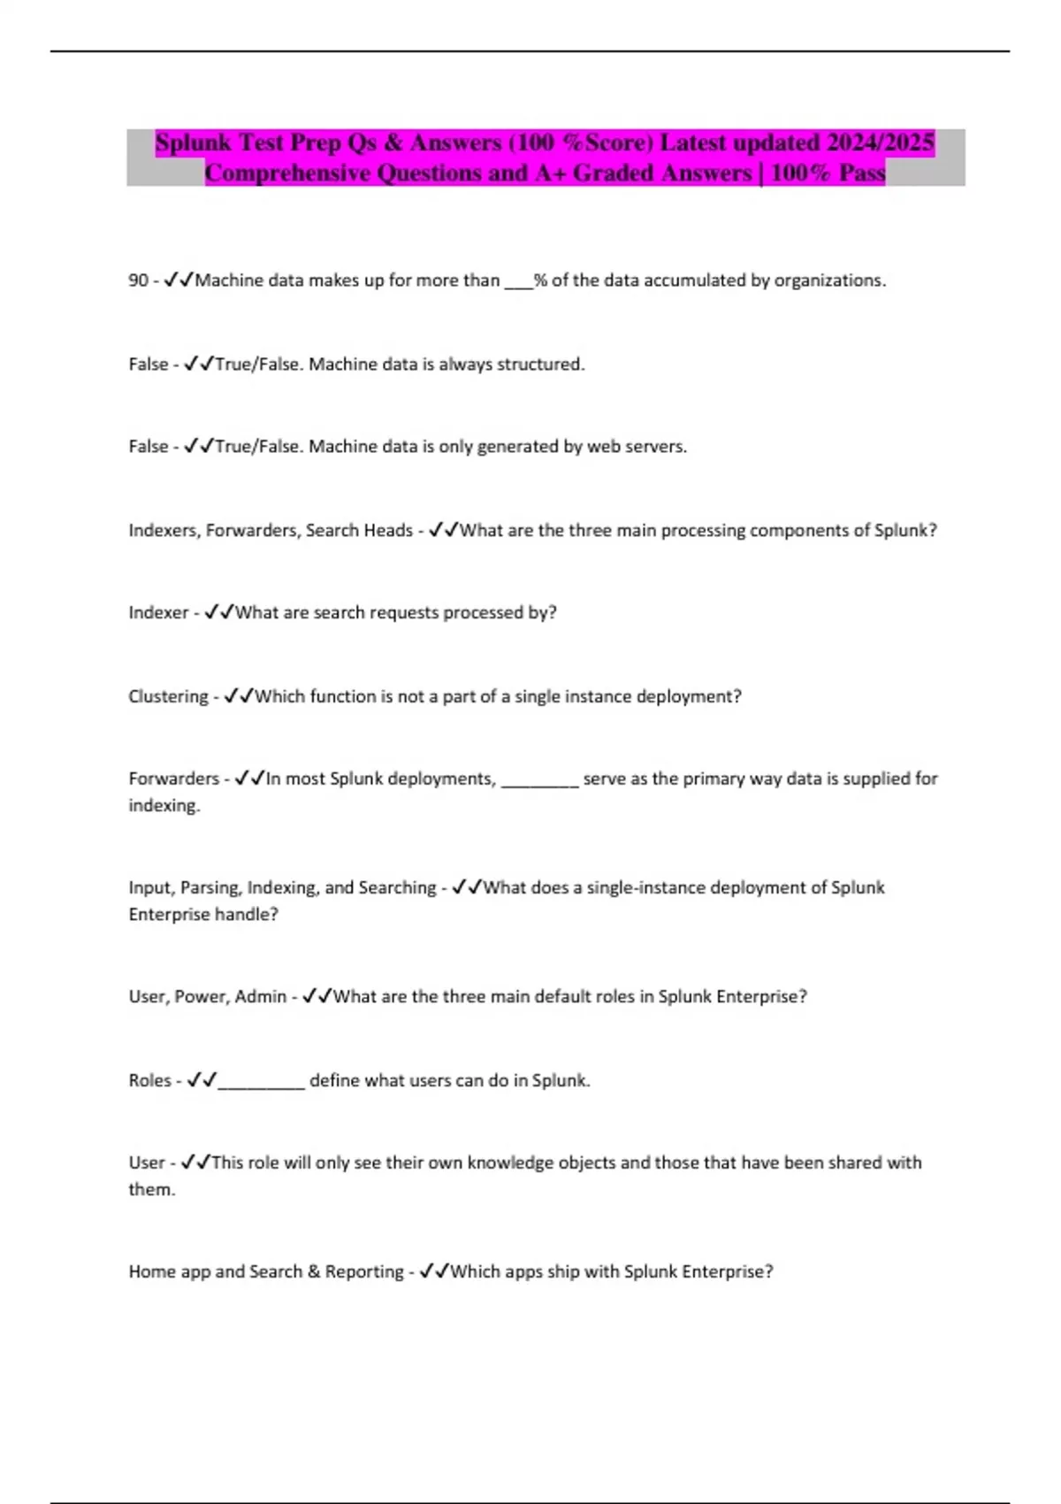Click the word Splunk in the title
click(193, 143)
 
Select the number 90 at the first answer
click(138, 280)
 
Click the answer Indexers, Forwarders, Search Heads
click(271, 531)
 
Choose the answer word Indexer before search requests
click(158, 613)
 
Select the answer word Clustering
click(168, 697)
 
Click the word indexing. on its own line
click(164, 806)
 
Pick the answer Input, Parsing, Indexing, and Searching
click(282, 887)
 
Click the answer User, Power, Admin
click(208, 997)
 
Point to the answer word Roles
click(149, 1080)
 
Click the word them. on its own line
click(152, 1190)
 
